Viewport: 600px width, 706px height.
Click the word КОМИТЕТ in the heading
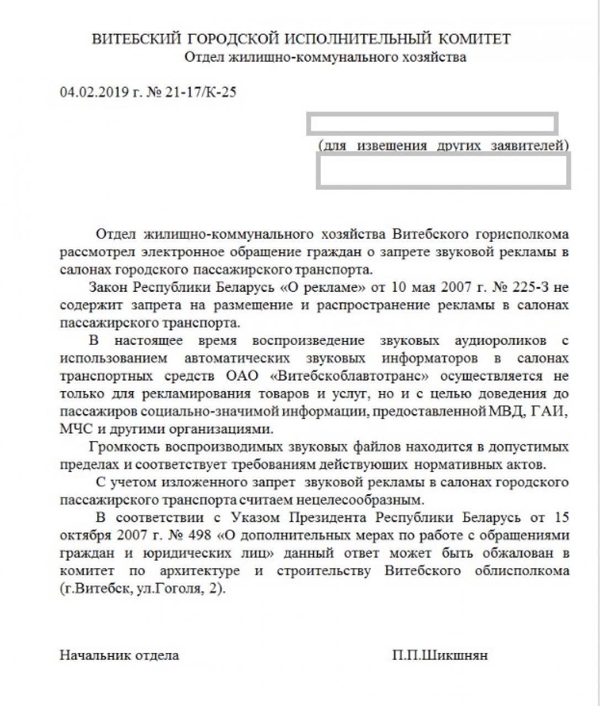pyautogui.click(x=474, y=39)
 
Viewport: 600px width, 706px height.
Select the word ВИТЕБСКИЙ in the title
pyautogui.click(x=136, y=39)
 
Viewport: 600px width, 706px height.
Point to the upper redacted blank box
pyautogui.click(x=432, y=124)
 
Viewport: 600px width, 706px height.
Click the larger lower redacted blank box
pyautogui.click(x=443, y=172)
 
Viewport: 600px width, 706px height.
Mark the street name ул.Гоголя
pyautogui.click(x=163, y=589)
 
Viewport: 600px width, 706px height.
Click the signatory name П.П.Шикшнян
pyautogui.click(x=440, y=655)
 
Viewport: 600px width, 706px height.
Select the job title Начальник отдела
pyautogui.click(x=119, y=655)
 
